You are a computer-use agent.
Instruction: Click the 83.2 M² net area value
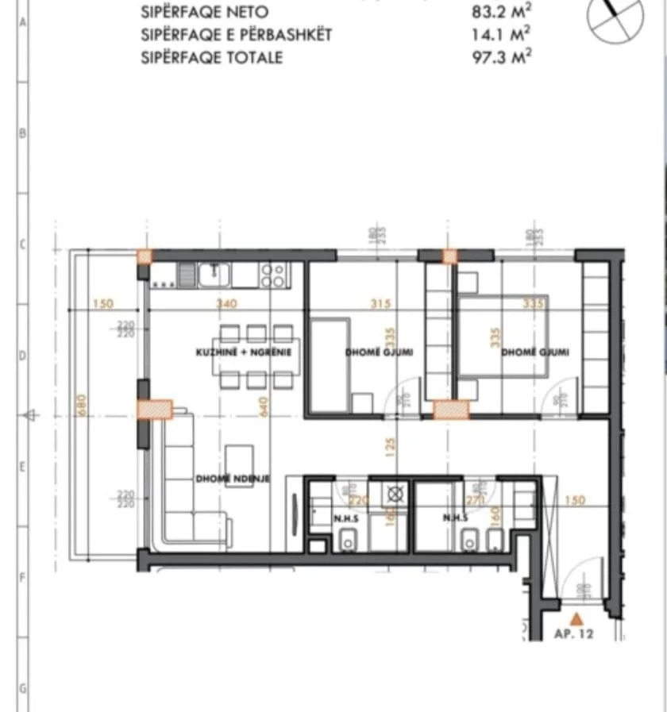501,12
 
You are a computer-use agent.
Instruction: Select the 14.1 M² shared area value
501,35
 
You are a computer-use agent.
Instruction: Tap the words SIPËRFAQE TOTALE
212,58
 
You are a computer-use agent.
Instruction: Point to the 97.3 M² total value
501,58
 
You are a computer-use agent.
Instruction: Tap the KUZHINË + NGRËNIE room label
245,352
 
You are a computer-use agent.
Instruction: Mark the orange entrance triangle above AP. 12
577,617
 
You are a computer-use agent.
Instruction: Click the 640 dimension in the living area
264,405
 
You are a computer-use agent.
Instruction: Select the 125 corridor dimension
389,448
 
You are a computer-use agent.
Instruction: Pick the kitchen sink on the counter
215,275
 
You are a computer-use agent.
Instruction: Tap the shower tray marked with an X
394,494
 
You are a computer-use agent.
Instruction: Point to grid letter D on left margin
22,356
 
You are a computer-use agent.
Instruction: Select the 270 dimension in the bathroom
476,501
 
